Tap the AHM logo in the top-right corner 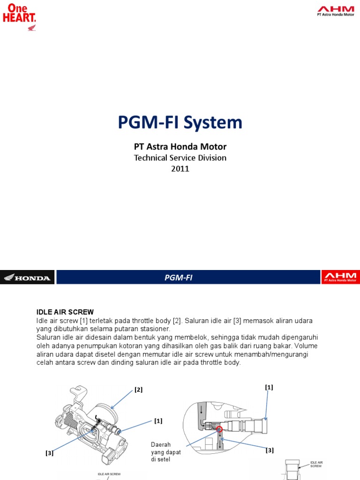click(x=336, y=11)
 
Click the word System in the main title click(x=213, y=123)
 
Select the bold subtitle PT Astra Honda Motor click(x=180, y=147)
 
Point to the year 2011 click(x=180, y=169)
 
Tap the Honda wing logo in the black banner click(x=27, y=277)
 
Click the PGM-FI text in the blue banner click(x=179, y=277)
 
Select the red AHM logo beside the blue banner click(x=341, y=277)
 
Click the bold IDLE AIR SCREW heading click(x=65, y=312)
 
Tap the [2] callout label click(x=138, y=390)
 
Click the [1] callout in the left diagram click(x=158, y=421)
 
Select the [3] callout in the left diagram click(x=49, y=453)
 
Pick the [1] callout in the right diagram click(x=269, y=387)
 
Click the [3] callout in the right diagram click(x=270, y=450)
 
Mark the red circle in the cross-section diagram click(x=219, y=428)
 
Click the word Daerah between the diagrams click(x=160, y=444)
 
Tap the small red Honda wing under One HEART click(x=32, y=28)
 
